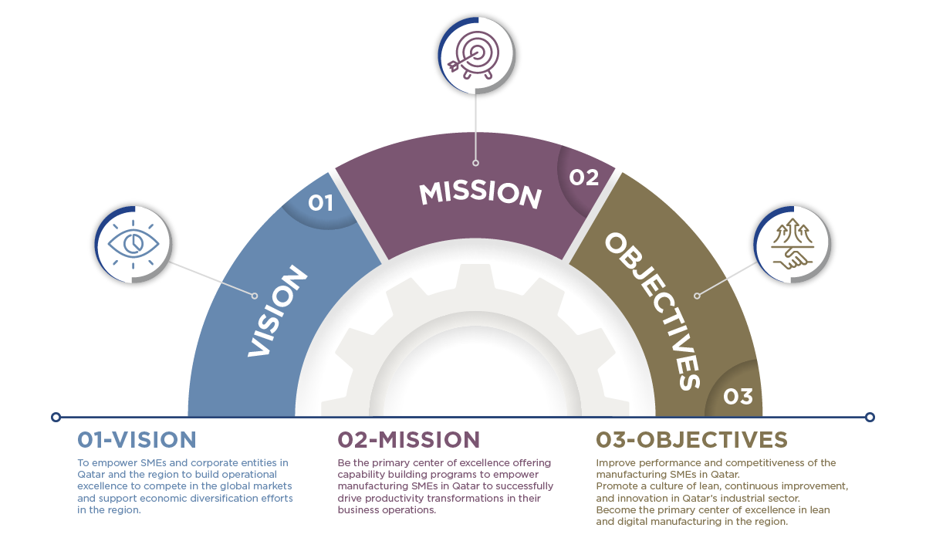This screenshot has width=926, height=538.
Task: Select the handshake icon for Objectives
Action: pos(793,245)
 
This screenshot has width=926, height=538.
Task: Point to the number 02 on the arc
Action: pos(584,178)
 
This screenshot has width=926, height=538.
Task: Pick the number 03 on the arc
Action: pos(738,396)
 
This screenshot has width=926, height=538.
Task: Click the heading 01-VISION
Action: pos(137,440)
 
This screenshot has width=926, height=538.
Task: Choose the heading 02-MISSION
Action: pos(408,440)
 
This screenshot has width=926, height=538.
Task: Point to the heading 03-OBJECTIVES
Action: pos(691,440)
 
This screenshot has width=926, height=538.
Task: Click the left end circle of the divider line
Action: pos(56,417)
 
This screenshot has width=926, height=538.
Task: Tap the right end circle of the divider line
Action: pos(870,417)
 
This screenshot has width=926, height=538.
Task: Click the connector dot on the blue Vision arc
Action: pos(255,295)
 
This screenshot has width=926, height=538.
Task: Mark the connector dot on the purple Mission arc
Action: pos(476,163)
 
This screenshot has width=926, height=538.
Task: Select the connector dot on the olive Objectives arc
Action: pos(696,295)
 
